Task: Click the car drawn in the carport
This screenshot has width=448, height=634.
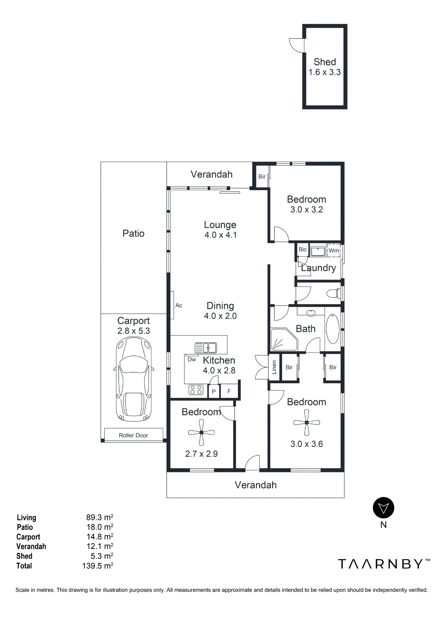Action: (134, 379)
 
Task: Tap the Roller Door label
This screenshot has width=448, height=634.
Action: (133, 435)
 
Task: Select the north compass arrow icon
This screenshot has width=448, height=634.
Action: (383, 508)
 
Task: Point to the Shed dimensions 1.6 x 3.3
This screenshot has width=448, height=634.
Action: (325, 72)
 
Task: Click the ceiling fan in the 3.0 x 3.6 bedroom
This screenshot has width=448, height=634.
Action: (307, 423)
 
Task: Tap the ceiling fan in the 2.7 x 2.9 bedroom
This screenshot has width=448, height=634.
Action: (202, 432)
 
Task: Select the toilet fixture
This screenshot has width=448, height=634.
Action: (333, 293)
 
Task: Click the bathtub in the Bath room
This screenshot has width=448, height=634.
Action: (333, 329)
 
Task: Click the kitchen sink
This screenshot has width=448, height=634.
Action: (206, 348)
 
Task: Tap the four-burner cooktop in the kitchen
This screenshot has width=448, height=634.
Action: (196, 390)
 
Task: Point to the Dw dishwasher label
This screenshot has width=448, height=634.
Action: (192, 359)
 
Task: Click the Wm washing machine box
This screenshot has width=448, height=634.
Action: (334, 250)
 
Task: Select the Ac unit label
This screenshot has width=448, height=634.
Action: (179, 305)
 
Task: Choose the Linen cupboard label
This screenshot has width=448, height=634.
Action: (274, 367)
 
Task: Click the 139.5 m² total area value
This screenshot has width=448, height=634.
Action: (98, 566)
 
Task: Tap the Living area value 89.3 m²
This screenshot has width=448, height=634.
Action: (99, 517)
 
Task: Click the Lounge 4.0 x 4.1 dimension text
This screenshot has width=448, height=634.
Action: (221, 235)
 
